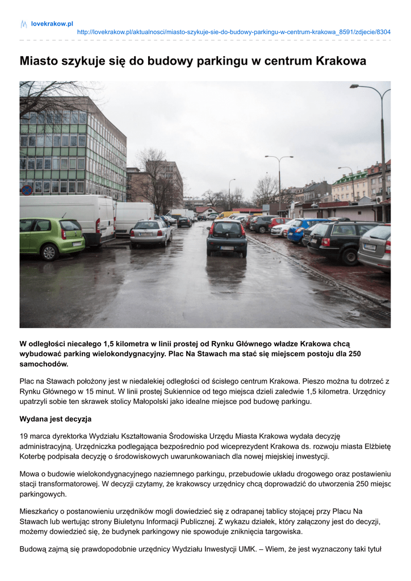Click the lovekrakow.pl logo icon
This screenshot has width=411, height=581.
tap(24, 24)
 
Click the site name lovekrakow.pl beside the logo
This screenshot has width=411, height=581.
tap(52, 24)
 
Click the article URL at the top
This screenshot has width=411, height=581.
tap(233, 32)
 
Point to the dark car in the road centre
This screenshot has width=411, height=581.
tap(227, 237)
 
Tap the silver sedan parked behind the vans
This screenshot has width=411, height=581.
tap(150, 233)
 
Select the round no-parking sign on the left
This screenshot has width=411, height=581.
tap(27, 190)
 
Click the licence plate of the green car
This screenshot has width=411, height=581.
tap(78, 244)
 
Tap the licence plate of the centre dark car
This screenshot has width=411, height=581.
tap(227, 248)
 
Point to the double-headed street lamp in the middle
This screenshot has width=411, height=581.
tap(279, 176)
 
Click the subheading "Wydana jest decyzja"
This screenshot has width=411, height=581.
tap(56, 419)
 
